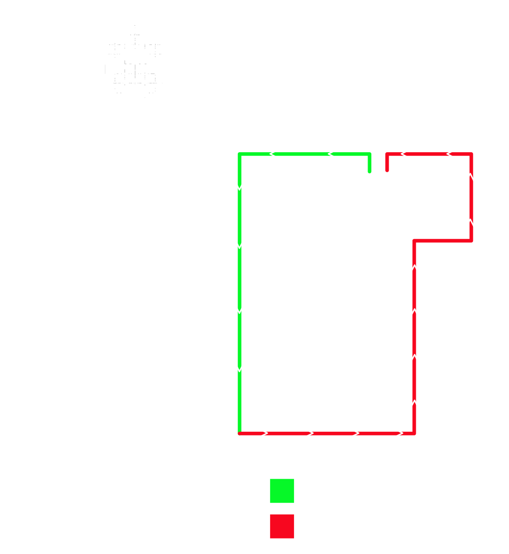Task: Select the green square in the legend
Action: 282,491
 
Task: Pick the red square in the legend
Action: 282,526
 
